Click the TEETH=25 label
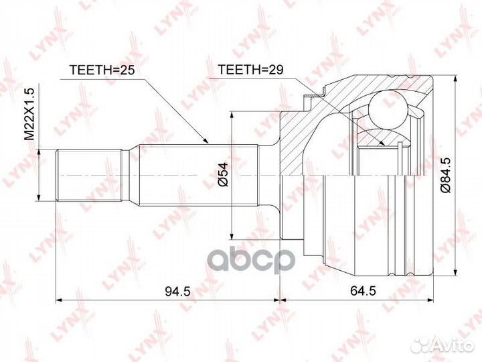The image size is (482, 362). (102, 70)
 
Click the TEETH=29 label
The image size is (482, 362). (250, 70)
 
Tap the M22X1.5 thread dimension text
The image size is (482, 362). (30, 113)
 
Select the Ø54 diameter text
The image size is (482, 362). (223, 174)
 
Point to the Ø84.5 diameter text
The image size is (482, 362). (446, 175)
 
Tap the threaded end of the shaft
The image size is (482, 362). (88, 175)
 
